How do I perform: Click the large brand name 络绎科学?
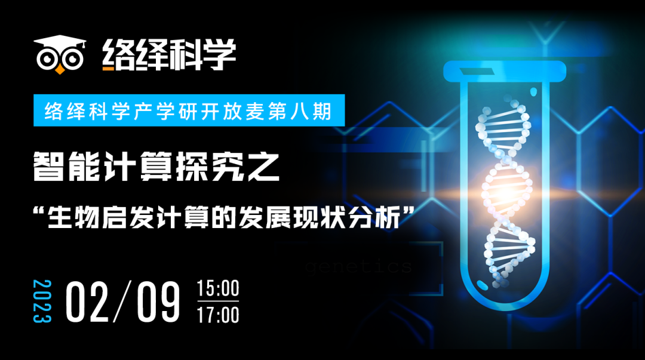169,54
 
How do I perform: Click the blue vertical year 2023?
42,301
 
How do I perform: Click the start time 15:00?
218,289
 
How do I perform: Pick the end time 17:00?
218,314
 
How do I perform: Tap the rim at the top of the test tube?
505,71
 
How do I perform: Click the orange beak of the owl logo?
59,70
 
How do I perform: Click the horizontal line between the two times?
218,301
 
